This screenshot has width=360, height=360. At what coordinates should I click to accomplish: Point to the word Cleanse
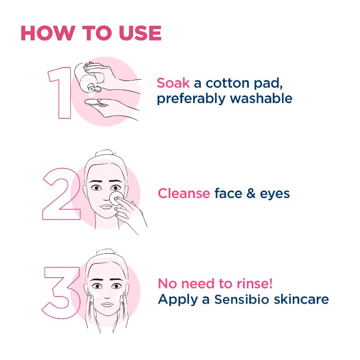click(184, 193)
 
